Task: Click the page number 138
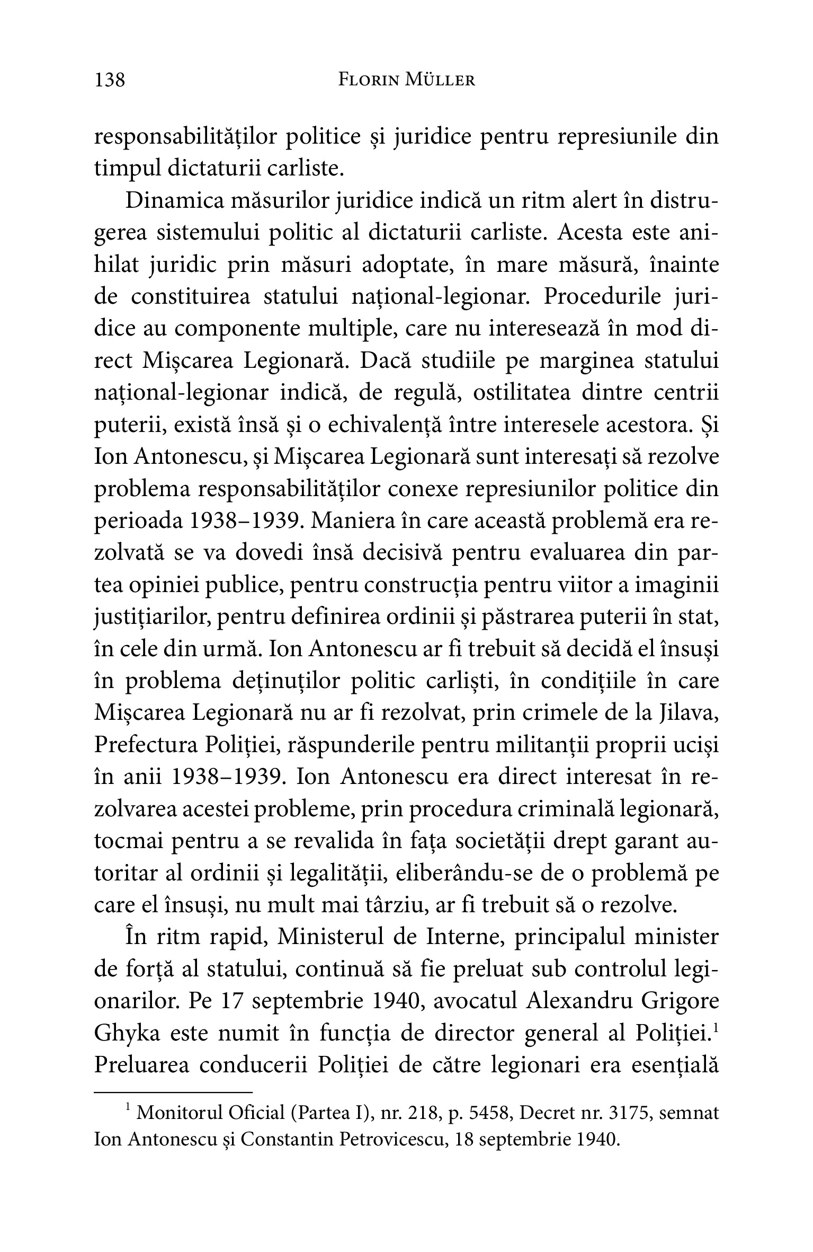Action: [110, 81]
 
